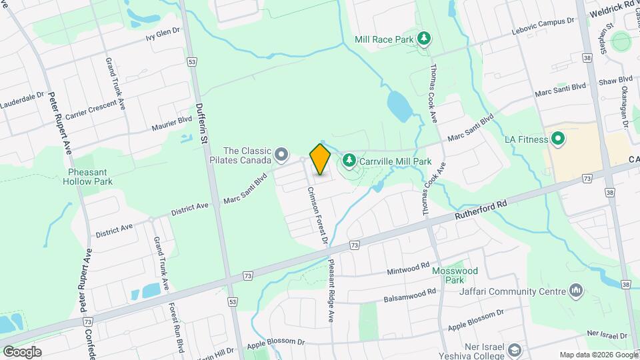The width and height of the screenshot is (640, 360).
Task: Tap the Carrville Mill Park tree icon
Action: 348,161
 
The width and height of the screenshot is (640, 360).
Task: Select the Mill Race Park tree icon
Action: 423,39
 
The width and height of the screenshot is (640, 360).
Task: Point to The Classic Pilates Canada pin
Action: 281,155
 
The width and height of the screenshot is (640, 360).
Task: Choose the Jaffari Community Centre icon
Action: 577,291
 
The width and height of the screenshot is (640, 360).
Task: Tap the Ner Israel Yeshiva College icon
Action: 514,349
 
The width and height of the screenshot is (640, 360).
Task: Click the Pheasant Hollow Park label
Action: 90,176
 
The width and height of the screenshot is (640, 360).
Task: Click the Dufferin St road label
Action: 203,124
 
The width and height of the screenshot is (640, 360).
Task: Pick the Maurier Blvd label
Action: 172,121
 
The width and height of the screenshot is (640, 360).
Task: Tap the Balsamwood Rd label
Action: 409,295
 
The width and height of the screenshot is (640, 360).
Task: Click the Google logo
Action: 22,351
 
